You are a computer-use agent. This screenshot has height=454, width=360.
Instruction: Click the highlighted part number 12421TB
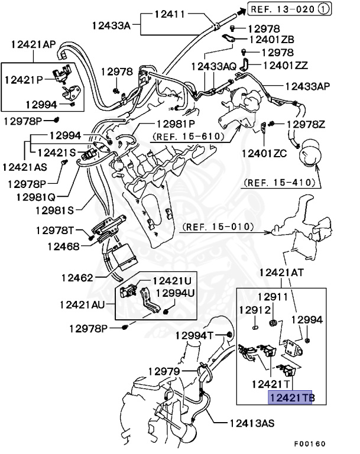coord(290,398)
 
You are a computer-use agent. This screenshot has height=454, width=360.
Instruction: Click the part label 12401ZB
coord(272,40)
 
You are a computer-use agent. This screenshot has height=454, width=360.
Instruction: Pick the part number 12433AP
coord(307,86)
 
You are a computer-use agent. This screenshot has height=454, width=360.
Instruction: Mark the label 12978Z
coord(306,124)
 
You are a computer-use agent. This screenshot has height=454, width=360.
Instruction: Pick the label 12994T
coord(194,335)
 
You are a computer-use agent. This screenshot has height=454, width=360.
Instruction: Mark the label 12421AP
coord(33,44)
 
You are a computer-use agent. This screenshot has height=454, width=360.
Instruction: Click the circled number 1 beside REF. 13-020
coord(323,9)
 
